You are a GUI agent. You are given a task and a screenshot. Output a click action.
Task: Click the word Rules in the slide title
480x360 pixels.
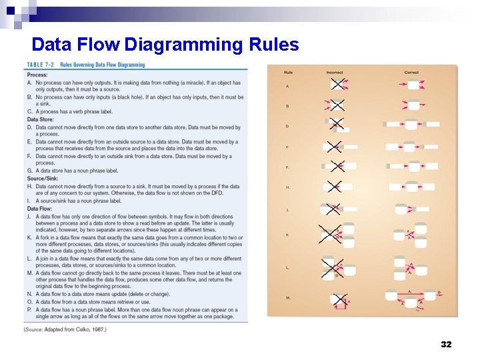pyautogui.click(x=273, y=45)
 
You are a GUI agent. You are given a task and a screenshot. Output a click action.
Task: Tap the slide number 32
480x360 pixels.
pyautogui.click(x=446, y=344)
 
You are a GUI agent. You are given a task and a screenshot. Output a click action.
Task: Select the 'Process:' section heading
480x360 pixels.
pyautogui.click(x=37, y=75)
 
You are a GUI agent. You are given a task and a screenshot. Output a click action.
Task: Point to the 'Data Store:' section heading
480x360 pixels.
pyautogui.click(x=41, y=119)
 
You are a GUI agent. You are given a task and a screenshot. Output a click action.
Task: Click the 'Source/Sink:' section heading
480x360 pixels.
pyautogui.click(x=43, y=178)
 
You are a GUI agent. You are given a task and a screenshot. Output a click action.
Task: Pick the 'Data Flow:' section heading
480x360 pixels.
pyautogui.click(x=40, y=208)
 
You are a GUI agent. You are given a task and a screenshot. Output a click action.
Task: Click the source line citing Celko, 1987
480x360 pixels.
pyautogui.click(x=64, y=329)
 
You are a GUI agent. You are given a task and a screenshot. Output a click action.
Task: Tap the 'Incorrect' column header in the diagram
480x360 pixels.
pyautogui.click(x=335, y=72)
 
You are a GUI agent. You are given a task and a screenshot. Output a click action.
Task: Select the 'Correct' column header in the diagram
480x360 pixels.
pyautogui.click(x=411, y=72)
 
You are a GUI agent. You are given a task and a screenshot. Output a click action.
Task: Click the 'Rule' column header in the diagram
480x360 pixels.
pyautogui.click(x=288, y=72)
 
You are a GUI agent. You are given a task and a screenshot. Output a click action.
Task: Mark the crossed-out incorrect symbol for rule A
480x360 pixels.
pyautogui.click(x=337, y=85)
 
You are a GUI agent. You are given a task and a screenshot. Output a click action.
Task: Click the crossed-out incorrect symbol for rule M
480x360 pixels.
pyautogui.click(x=340, y=301)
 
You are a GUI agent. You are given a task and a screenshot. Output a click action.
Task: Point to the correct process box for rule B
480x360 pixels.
pyautogui.click(x=413, y=105)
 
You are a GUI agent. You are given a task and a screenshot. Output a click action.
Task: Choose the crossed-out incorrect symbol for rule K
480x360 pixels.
pyautogui.click(x=330, y=234)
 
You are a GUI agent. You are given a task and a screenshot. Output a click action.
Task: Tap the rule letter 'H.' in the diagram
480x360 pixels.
pyautogui.click(x=288, y=187)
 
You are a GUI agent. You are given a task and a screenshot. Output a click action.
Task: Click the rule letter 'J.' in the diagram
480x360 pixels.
pyautogui.click(x=288, y=210)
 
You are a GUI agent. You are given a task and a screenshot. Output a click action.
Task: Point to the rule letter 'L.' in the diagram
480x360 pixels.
pyautogui.click(x=288, y=267)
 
